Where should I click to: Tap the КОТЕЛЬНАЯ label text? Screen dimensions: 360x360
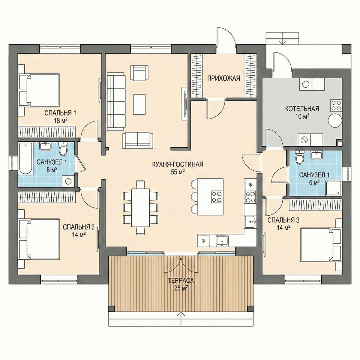pyautogui.click(x=302, y=109)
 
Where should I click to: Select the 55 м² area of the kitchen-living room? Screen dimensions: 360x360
pyautogui.click(x=178, y=172)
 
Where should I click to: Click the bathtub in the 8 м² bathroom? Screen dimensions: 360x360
pyautogui.click(x=25, y=158)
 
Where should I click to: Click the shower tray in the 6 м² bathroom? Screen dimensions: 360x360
pyautogui.click(x=334, y=188)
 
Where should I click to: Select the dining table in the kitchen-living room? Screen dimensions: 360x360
pyautogui.click(x=140, y=207)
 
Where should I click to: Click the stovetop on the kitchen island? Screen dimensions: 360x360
pyautogui.click(x=217, y=197)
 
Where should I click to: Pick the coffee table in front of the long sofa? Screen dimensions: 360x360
pyautogui.click(x=139, y=104)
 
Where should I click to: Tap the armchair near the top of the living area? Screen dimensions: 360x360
pyautogui.click(x=139, y=73)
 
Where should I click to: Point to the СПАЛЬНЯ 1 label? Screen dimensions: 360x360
pyautogui.click(x=60, y=113)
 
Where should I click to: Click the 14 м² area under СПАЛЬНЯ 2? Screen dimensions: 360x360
pyautogui.click(x=79, y=235)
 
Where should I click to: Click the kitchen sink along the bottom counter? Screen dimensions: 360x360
pyautogui.click(x=222, y=241)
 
